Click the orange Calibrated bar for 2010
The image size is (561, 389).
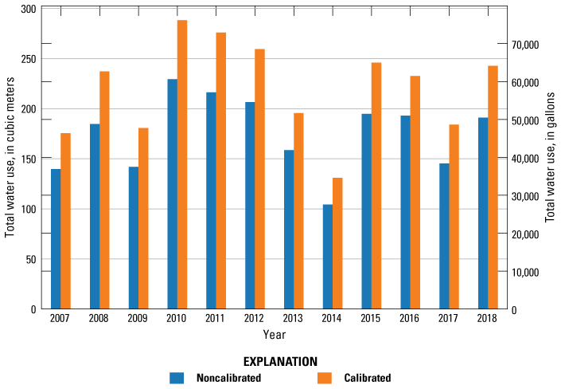tap(182, 164)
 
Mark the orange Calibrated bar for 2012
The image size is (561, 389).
tap(259, 179)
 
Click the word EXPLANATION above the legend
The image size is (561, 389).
tap(280, 361)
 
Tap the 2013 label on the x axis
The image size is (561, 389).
tap(294, 318)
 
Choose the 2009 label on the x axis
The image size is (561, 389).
tap(138, 318)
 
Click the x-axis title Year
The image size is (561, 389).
tap(275, 334)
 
